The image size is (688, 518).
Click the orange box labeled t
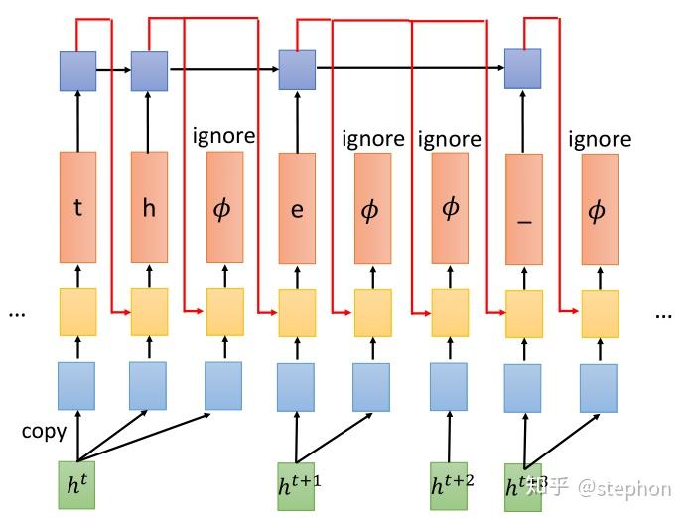[77, 206]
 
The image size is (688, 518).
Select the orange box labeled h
[149, 206]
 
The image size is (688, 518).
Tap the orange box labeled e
[297, 208]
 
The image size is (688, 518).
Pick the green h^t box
[76, 485]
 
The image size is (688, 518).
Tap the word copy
[44, 431]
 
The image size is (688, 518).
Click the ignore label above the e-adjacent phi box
[373, 139]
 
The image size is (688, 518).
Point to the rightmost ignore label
[600, 139]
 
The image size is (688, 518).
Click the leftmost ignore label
[223, 135]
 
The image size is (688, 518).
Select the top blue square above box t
[77, 71]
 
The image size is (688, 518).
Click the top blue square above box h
[149, 71]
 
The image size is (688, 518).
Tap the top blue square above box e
[296, 70]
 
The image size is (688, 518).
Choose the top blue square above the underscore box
[522, 68]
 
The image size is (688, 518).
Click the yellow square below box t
[77, 311]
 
